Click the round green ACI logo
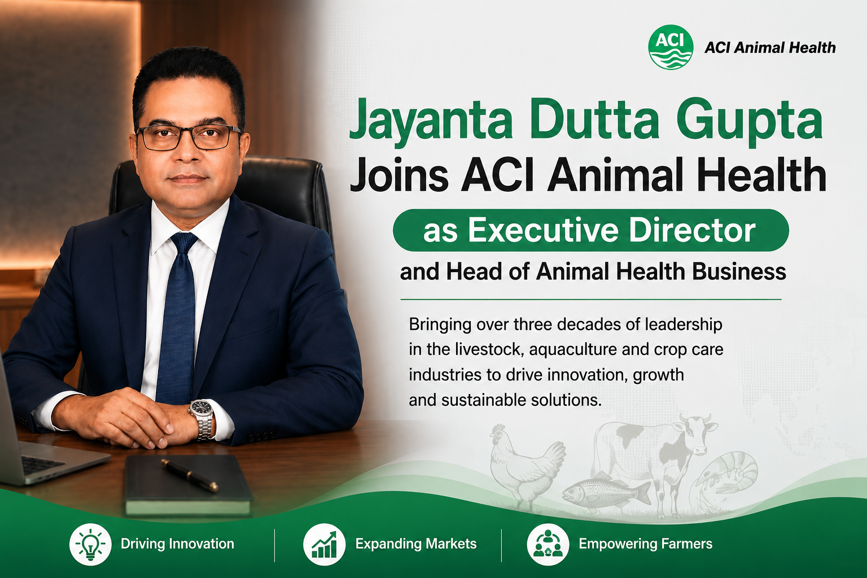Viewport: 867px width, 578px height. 671,47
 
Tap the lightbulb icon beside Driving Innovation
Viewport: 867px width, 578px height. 90,544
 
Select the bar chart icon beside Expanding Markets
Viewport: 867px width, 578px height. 324,544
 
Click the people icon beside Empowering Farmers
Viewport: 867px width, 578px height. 548,544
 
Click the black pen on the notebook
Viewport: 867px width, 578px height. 190,475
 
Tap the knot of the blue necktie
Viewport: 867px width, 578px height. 183,243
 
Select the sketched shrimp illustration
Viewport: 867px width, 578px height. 724,477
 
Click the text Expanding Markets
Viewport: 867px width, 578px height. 416,544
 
